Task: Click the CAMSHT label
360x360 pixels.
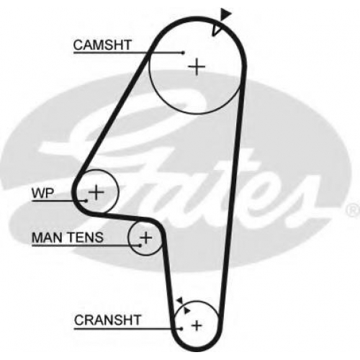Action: point(102,45)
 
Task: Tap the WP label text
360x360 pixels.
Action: point(43,193)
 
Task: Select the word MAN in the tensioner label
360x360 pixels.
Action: point(46,238)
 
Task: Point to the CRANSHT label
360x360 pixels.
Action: point(107,320)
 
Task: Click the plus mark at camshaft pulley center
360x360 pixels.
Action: point(197,66)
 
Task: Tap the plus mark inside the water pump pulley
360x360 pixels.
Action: point(96,192)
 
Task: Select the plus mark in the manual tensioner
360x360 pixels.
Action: point(146,238)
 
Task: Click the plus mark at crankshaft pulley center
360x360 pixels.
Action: point(197,325)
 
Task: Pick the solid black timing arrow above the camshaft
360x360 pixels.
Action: point(225,14)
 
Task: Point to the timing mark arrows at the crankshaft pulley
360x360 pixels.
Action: point(184,305)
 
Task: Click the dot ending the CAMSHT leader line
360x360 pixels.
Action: point(184,53)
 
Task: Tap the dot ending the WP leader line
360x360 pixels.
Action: point(86,201)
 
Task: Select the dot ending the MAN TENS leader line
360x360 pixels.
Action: point(140,246)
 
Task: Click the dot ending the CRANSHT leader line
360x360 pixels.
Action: point(181,328)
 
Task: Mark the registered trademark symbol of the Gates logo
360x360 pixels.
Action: point(353,210)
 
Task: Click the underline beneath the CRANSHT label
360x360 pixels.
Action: point(127,328)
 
